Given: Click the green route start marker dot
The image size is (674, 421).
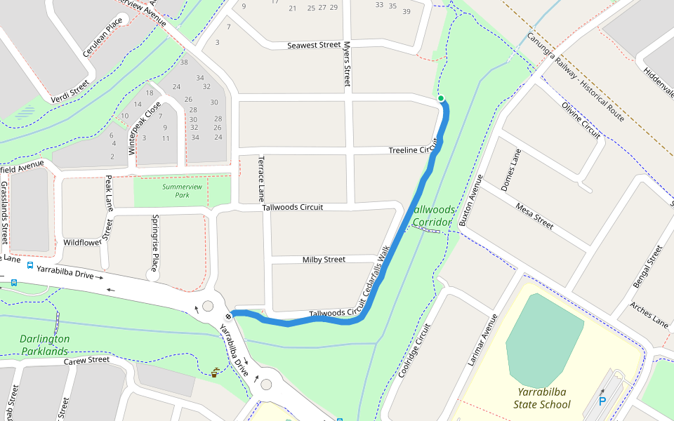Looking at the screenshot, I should coord(441,98).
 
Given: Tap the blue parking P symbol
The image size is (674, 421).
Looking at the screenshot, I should coord(602,401).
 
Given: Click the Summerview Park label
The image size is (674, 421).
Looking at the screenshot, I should coord(182,191).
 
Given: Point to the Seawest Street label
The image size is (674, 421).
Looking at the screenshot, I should coord(314,46).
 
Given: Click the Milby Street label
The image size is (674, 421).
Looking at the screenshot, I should coord(324,260).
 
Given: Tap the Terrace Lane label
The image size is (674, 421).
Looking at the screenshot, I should coord(261,178).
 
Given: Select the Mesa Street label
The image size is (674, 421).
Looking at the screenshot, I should coord(534,216).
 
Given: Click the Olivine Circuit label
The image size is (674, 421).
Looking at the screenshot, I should coord(581,120).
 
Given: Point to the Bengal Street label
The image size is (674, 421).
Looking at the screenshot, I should coord(648,267).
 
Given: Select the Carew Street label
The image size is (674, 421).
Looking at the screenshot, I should coord(87,361).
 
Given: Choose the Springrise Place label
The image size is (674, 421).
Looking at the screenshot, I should coord(155,236).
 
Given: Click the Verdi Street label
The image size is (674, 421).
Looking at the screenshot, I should coord(70,92).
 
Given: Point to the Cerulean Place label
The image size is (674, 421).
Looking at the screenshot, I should coord(103,38).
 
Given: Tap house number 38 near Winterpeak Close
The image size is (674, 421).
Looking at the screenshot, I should coord(184,62).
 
